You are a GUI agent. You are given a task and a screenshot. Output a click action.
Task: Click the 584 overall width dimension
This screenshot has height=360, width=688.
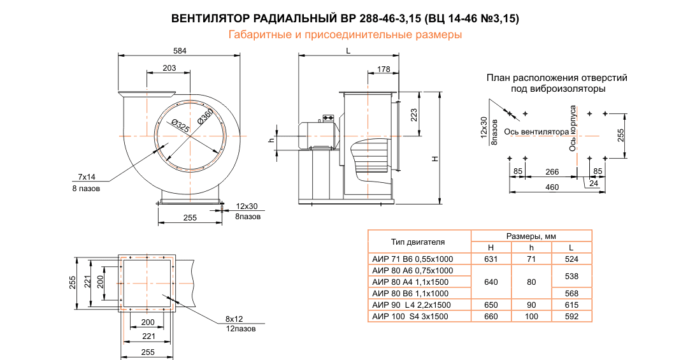point(180,50)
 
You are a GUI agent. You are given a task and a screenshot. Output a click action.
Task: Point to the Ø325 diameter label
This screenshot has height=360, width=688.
point(180,126)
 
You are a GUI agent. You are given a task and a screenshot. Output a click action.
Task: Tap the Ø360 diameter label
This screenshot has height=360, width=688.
point(205,116)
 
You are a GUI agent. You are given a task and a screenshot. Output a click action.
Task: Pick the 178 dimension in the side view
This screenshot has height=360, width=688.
point(383,68)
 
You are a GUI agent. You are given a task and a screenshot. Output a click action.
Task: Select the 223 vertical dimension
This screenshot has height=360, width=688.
point(413,115)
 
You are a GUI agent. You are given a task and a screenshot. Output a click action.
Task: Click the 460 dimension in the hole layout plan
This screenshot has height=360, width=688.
point(552,187)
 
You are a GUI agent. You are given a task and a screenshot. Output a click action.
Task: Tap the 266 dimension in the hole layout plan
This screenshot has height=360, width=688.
point(552,171)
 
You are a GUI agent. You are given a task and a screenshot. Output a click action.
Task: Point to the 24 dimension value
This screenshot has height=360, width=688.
point(594,184)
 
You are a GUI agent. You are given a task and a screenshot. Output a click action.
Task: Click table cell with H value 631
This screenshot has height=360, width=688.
point(491,259)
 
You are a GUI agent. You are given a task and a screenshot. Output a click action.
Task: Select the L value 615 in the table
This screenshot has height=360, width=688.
point(571,305)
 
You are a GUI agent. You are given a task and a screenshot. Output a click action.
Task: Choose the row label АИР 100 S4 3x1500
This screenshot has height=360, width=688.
point(411,316)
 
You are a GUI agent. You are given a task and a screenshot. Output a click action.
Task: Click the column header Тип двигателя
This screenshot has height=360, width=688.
point(418,242)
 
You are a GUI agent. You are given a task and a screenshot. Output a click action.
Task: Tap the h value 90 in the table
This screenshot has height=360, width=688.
point(531,305)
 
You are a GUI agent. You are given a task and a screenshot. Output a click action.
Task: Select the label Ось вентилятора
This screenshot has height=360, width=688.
point(536,132)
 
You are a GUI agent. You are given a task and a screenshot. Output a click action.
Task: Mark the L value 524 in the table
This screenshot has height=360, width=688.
point(571,259)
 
